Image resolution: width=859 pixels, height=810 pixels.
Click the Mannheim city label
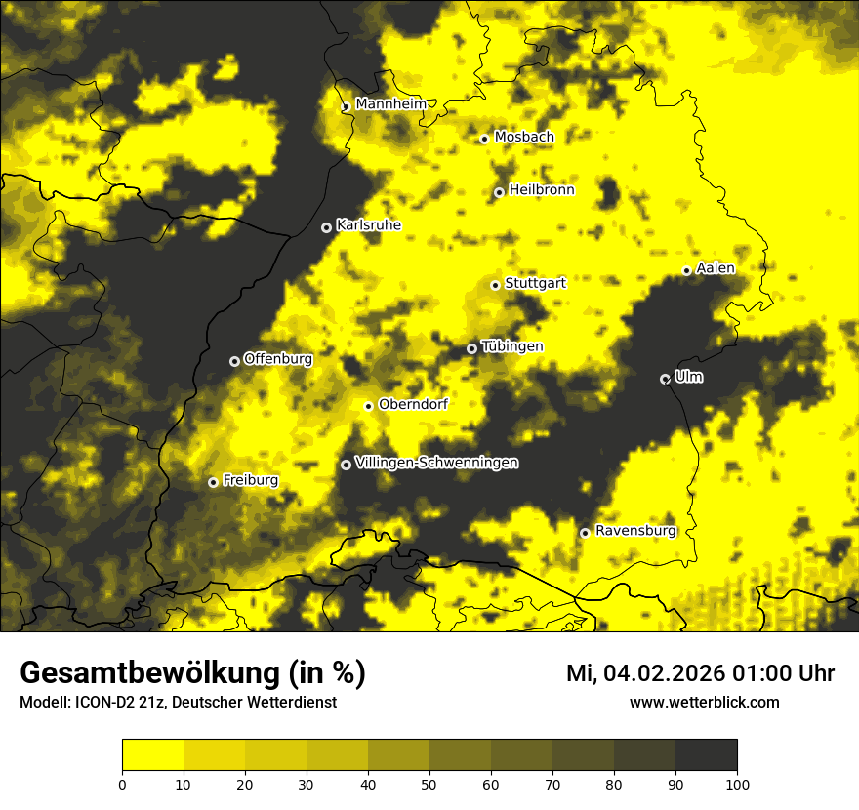point(390,104)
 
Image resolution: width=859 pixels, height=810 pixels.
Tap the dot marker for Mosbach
point(484,139)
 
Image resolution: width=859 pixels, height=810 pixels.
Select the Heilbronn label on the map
point(542,190)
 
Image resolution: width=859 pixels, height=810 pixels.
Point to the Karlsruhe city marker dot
point(326,227)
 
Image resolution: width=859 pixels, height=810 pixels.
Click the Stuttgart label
point(535,283)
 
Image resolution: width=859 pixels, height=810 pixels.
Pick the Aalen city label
point(716,268)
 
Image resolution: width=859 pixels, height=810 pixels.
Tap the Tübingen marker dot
point(472,348)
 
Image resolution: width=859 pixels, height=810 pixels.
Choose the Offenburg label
point(278,359)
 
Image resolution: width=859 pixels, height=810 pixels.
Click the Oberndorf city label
point(413,404)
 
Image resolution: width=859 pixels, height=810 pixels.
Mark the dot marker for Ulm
point(665,379)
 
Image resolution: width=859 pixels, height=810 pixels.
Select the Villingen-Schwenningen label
point(436,463)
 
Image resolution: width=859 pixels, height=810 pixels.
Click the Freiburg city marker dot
point(213,482)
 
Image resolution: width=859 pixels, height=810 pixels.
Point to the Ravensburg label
point(635,531)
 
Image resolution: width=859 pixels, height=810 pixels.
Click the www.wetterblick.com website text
point(704,702)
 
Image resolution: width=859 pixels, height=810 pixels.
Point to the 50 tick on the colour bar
point(429,783)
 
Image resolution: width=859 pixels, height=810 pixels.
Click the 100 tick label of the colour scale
point(737,783)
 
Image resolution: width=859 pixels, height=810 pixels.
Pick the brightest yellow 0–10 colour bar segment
point(153,755)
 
